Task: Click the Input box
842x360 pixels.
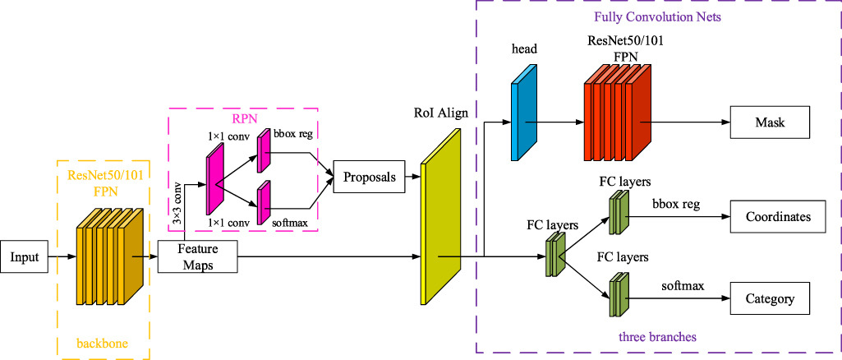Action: [x=25, y=257]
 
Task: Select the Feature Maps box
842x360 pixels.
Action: [x=196, y=257]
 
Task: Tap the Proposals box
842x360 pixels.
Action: [x=369, y=177]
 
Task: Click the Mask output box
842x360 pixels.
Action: [x=770, y=123]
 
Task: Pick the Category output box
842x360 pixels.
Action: [x=770, y=299]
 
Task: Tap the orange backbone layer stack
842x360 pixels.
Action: [x=109, y=255]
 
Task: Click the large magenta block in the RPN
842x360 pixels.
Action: [x=215, y=177]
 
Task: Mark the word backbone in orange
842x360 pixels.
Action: [x=101, y=343]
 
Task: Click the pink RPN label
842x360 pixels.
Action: [x=237, y=118]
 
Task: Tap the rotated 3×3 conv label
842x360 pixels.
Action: [x=177, y=201]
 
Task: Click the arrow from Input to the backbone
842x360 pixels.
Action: [x=62, y=257]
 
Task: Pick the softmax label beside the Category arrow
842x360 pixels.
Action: [x=683, y=286]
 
